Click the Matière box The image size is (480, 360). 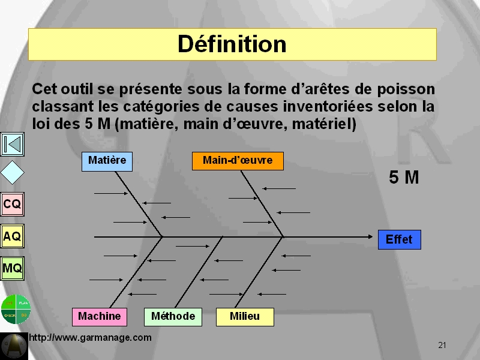point(107,161)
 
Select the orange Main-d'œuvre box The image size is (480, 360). point(238,161)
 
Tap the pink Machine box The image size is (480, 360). point(100,317)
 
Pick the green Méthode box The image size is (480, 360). point(173,317)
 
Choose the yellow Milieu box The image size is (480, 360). point(245,317)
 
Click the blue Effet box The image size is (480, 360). point(400,239)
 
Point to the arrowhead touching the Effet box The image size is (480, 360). point(371,236)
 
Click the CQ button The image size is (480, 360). point(12,204)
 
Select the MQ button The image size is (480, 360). point(12,268)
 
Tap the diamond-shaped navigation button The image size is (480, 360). point(12,173)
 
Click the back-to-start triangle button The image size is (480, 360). point(12,144)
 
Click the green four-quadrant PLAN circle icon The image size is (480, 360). point(16,309)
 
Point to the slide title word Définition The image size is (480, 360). point(232,44)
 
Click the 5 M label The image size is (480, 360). point(404,177)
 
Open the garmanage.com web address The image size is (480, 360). point(91,338)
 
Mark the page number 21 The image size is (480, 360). point(442,346)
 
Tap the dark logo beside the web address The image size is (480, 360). point(14,346)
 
